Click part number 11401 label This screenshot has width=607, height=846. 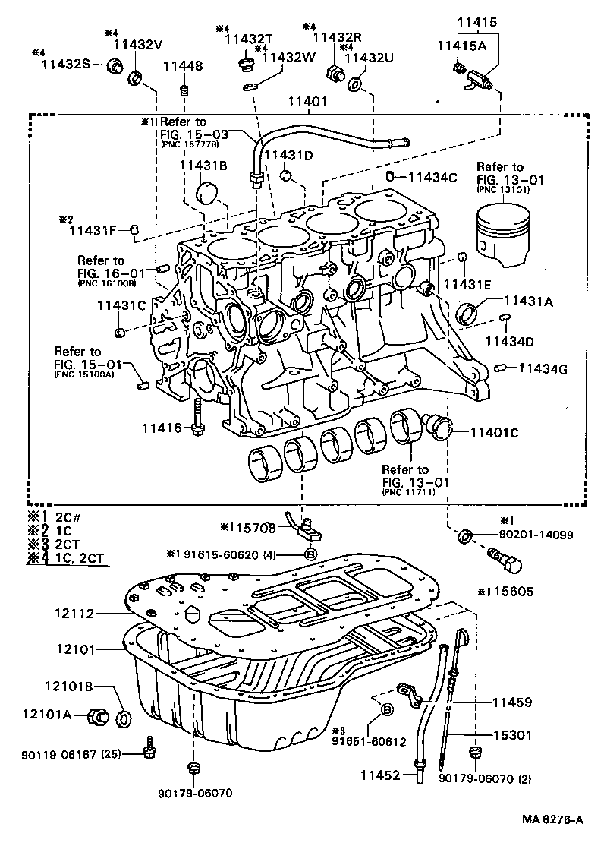click(x=307, y=100)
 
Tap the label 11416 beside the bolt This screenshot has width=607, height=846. click(x=162, y=428)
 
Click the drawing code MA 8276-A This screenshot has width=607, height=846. click(x=552, y=819)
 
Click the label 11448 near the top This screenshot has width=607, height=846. click(x=183, y=67)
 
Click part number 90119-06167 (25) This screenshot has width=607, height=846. click(x=68, y=753)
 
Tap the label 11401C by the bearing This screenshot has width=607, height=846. click(x=493, y=432)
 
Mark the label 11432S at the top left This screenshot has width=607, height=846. click(x=66, y=65)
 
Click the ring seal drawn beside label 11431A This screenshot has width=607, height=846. click(x=470, y=312)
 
